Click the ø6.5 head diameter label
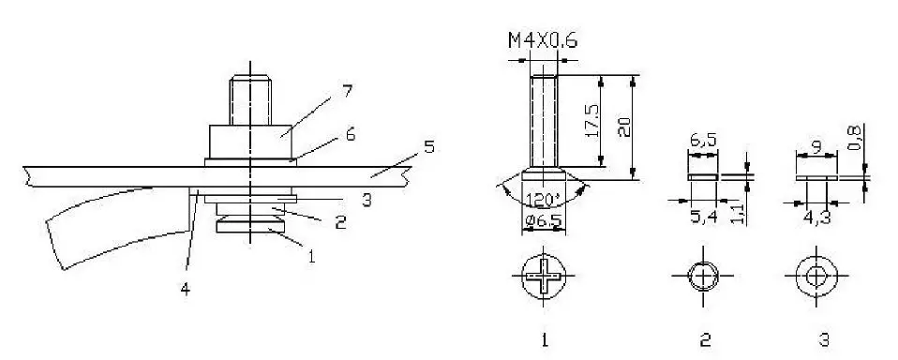point(545,222)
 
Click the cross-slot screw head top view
point(545,277)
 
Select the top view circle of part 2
point(702,277)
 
